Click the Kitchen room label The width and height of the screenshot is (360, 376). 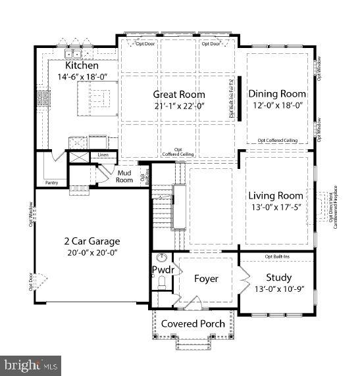pyautogui.click(x=82, y=66)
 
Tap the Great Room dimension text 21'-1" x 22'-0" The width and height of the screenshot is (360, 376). pyautogui.click(x=179, y=106)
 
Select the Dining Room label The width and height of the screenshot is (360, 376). pyautogui.click(x=277, y=94)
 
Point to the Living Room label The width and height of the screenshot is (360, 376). pyautogui.click(x=276, y=195)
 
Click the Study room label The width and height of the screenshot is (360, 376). pyautogui.click(x=278, y=277)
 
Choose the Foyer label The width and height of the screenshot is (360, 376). pyautogui.click(x=206, y=279)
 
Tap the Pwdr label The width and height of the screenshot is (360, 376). pyautogui.click(x=162, y=270)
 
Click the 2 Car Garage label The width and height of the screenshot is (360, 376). pyautogui.click(x=92, y=241)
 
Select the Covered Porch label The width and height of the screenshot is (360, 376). pyautogui.click(x=193, y=323)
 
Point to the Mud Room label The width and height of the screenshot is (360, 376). pyautogui.click(x=124, y=176)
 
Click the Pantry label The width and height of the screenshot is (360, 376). pyautogui.click(x=52, y=182)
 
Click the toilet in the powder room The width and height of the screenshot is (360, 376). pyautogui.click(x=162, y=283)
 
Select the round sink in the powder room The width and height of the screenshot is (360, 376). pyautogui.click(x=162, y=258)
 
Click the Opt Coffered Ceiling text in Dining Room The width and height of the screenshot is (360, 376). pyautogui.click(x=277, y=140)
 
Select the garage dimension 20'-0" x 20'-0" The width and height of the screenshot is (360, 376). pyautogui.click(x=92, y=252)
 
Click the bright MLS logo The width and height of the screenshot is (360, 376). pyautogui.click(x=31, y=364)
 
